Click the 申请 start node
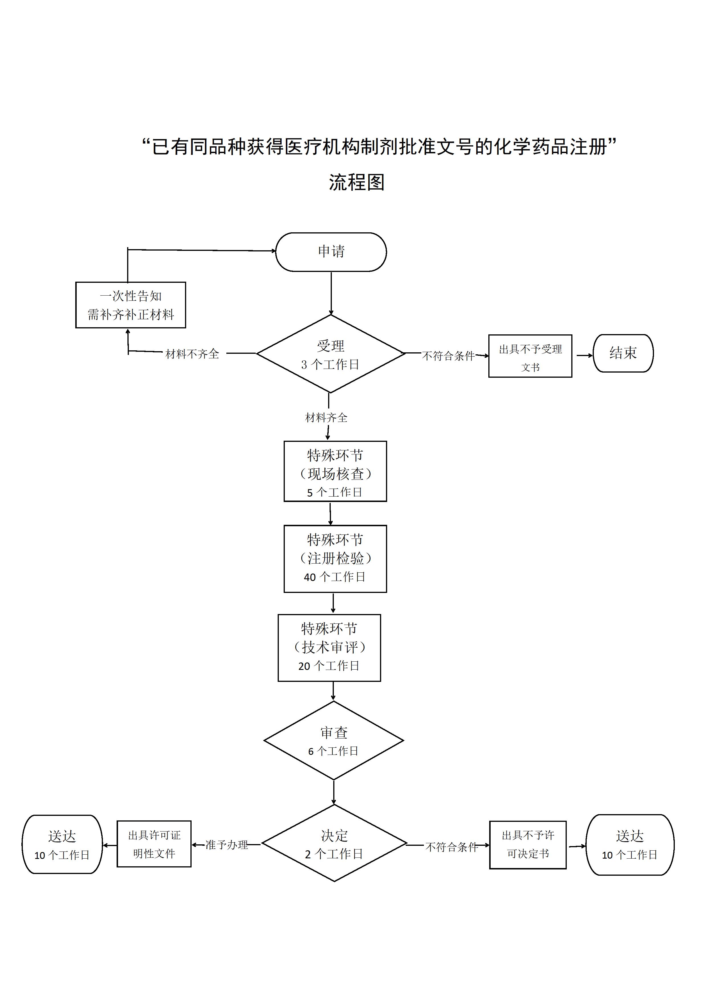331,252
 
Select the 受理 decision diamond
331,354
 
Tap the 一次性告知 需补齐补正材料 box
131,305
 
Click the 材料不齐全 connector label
192,354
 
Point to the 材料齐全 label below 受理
326,418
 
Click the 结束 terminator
623,353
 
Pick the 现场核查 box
335,471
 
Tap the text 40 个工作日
335,577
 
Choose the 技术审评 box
329,648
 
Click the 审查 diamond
334,740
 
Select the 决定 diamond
334,844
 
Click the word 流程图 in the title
356,182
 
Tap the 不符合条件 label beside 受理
448,356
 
